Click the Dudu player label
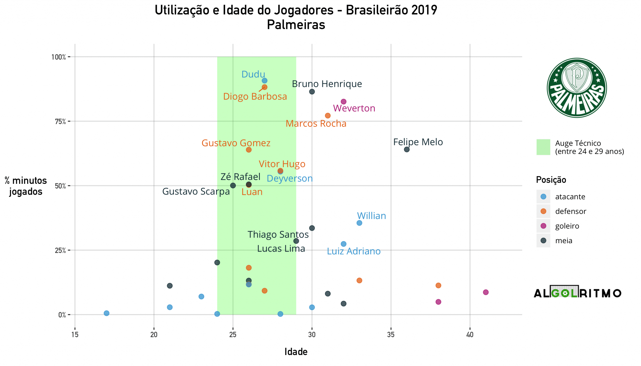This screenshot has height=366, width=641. click(x=253, y=74)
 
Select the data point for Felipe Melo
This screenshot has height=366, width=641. click(x=407, y=150)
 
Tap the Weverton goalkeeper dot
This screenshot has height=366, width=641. click(x=343, y=102)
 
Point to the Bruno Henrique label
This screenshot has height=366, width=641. click(x=327, y=84)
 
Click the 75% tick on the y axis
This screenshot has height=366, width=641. click(x=60, y=122)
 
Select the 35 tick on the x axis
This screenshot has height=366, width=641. click(x=391, y=335)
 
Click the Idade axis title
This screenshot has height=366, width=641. click(x=296, y=352)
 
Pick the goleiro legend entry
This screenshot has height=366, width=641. click(x=567, y=226)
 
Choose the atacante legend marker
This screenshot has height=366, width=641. click(x=543, y=197)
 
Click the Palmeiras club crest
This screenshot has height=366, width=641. click(x=577, y=88)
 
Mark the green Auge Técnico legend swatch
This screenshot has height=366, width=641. click(x=543, y=147)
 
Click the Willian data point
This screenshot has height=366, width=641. click(x=359, y=223)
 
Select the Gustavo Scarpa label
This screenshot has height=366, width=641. click(x=196, y=192)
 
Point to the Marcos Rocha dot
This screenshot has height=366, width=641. click(x=328, y=116)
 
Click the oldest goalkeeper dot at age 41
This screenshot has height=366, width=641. click(x=486, y=292)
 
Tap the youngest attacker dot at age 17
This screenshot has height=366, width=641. click(x=106, y=313)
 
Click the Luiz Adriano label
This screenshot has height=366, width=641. click(x=354, y=251)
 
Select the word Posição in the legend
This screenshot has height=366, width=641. click(x=551, y=180)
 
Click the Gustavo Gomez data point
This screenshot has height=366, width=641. click(x=249, y=150)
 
